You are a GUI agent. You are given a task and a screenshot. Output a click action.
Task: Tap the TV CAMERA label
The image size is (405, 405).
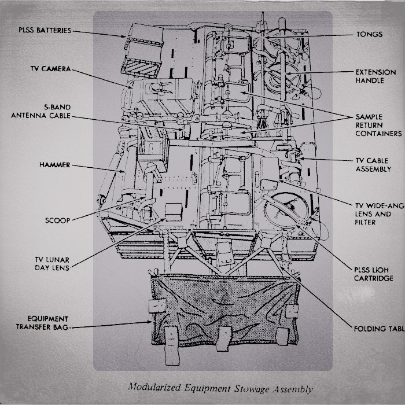50,68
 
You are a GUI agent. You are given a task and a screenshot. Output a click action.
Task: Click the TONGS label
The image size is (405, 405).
369,34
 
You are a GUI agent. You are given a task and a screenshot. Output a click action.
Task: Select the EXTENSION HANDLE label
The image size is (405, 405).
375,76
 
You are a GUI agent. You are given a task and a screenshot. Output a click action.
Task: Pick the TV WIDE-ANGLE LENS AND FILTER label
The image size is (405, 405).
379,213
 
